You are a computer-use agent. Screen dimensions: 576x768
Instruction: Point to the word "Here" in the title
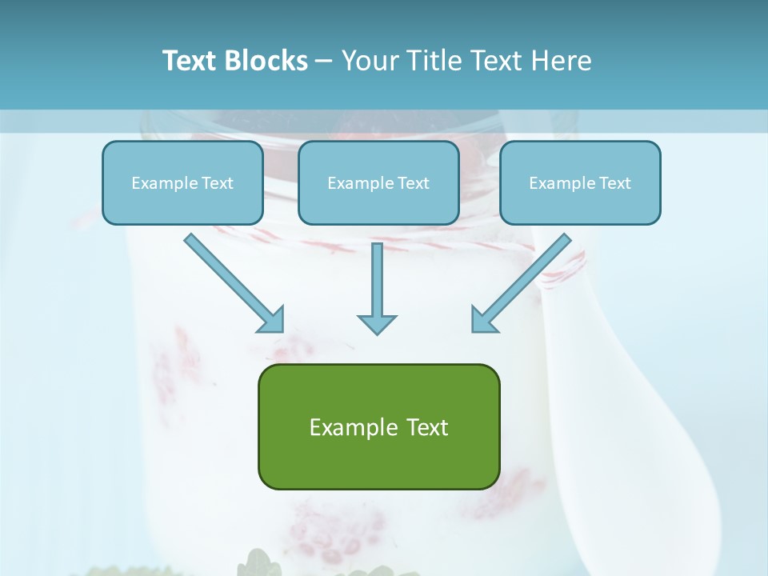564,61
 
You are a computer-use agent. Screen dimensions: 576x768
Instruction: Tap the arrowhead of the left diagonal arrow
272,320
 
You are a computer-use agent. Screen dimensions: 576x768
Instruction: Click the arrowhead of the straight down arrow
377,323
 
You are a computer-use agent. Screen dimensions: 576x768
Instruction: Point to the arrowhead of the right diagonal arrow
483,320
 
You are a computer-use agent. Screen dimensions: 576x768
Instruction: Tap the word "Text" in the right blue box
615,183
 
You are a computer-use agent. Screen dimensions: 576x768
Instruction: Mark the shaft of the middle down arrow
377,276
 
